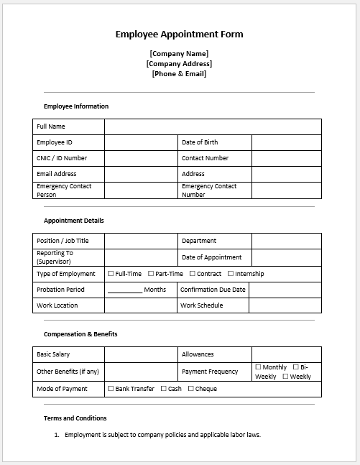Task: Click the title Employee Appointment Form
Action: tap(180, 34)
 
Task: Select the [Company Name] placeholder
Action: tap(179, 53)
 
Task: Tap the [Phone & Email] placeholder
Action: tap(179, 73)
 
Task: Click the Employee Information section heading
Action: tap(76, 106)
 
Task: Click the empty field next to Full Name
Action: tap(213, 126)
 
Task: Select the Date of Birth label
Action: tap(200, 142)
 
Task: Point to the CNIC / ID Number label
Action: tap(62, 158)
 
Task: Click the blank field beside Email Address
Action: tap(141, 174)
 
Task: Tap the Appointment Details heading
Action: tap(73, 221)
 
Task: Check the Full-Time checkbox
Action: tap(111, 274)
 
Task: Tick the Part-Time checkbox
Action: tap(151, 274)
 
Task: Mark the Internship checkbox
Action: tap(231, 274)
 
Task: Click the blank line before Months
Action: tap(125, 290)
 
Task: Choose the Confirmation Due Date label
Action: tap(213, 290)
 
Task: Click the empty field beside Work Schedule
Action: tap(286, 305)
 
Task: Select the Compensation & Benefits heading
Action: tap(80, 334)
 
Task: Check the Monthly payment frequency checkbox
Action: tap(258, 367)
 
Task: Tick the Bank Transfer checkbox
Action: tap(111, 389)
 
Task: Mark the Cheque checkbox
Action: tap(190, 389)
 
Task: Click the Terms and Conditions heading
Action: tap(75, 418)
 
